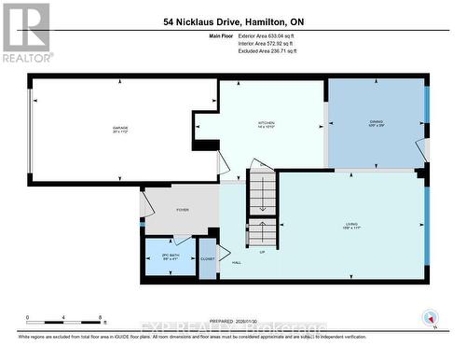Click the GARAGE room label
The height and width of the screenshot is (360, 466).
[120, 128]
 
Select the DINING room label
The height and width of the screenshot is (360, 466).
[377, 123]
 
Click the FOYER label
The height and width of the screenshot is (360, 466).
[183, 210]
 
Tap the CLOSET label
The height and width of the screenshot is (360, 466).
[208, 258]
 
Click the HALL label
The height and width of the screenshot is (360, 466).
[236, 263]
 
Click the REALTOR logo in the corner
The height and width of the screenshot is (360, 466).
[25, 32]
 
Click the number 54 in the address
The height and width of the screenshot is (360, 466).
[169, 21]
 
